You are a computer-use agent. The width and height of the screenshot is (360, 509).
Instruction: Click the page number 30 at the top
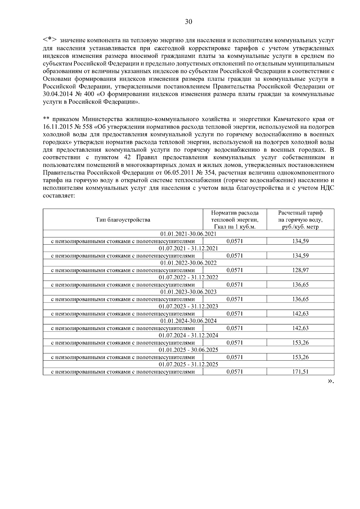point(188,22)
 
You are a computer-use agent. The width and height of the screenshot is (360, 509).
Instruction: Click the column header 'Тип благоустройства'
point(123,220)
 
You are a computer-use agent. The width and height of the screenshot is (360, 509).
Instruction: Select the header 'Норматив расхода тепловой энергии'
point(235,220)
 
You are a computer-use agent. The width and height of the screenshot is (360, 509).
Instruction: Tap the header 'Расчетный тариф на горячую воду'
point(300,220)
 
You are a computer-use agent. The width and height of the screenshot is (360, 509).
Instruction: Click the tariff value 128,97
point(300,270)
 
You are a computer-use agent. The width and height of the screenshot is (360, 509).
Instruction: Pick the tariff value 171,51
point(300,372)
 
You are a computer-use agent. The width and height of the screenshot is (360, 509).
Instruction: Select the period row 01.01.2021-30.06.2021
point(188,234)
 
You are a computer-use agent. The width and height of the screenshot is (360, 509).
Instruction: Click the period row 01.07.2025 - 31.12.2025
point(188,365)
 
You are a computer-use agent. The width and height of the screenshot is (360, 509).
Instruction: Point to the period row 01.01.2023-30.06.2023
point(188,292)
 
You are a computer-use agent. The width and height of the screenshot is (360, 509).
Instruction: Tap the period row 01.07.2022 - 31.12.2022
point(188,277)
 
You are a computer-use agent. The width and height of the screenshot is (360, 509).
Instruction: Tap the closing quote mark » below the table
point(330,381)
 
